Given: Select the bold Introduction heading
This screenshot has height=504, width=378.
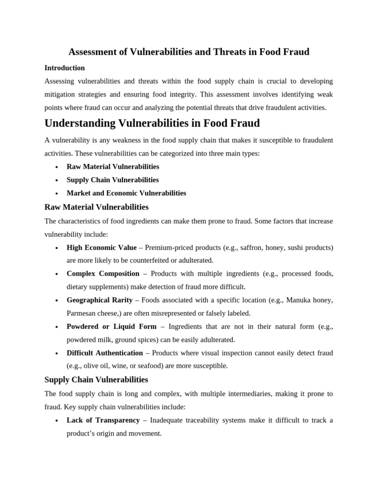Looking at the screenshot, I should coord(64,68).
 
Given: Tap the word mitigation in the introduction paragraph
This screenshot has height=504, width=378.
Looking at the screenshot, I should coord(62,94).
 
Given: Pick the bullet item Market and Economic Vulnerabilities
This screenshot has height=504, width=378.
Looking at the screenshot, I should coord(126,193).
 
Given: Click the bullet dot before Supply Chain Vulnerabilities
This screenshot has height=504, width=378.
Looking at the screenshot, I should coord(57,180).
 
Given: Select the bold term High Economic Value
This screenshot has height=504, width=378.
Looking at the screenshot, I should coord(101,248).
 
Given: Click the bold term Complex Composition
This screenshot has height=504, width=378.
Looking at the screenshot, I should coord(103,274).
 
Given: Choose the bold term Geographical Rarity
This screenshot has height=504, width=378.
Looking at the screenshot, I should coord(99,300).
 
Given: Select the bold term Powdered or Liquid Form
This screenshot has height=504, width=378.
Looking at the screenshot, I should coord(111,326).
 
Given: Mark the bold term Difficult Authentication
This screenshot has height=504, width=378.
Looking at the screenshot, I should coord(104,353).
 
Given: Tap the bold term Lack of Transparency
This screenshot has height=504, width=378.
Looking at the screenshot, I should coord(103,420).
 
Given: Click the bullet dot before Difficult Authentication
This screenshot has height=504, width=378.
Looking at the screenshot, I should coord(57,353).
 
